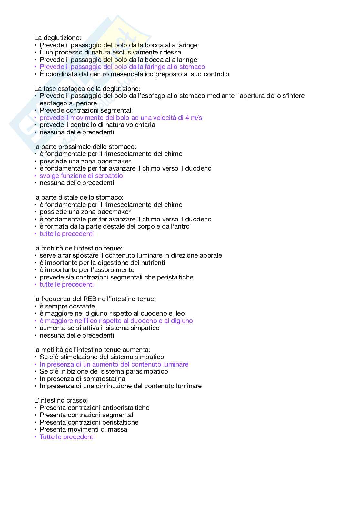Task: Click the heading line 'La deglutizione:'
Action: (57, 38)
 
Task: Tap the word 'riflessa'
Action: (169, 53)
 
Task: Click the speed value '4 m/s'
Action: (194, 118)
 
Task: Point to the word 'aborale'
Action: (210, 256)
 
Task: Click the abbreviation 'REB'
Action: (90, 299)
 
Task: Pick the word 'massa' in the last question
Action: (118, 430)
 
